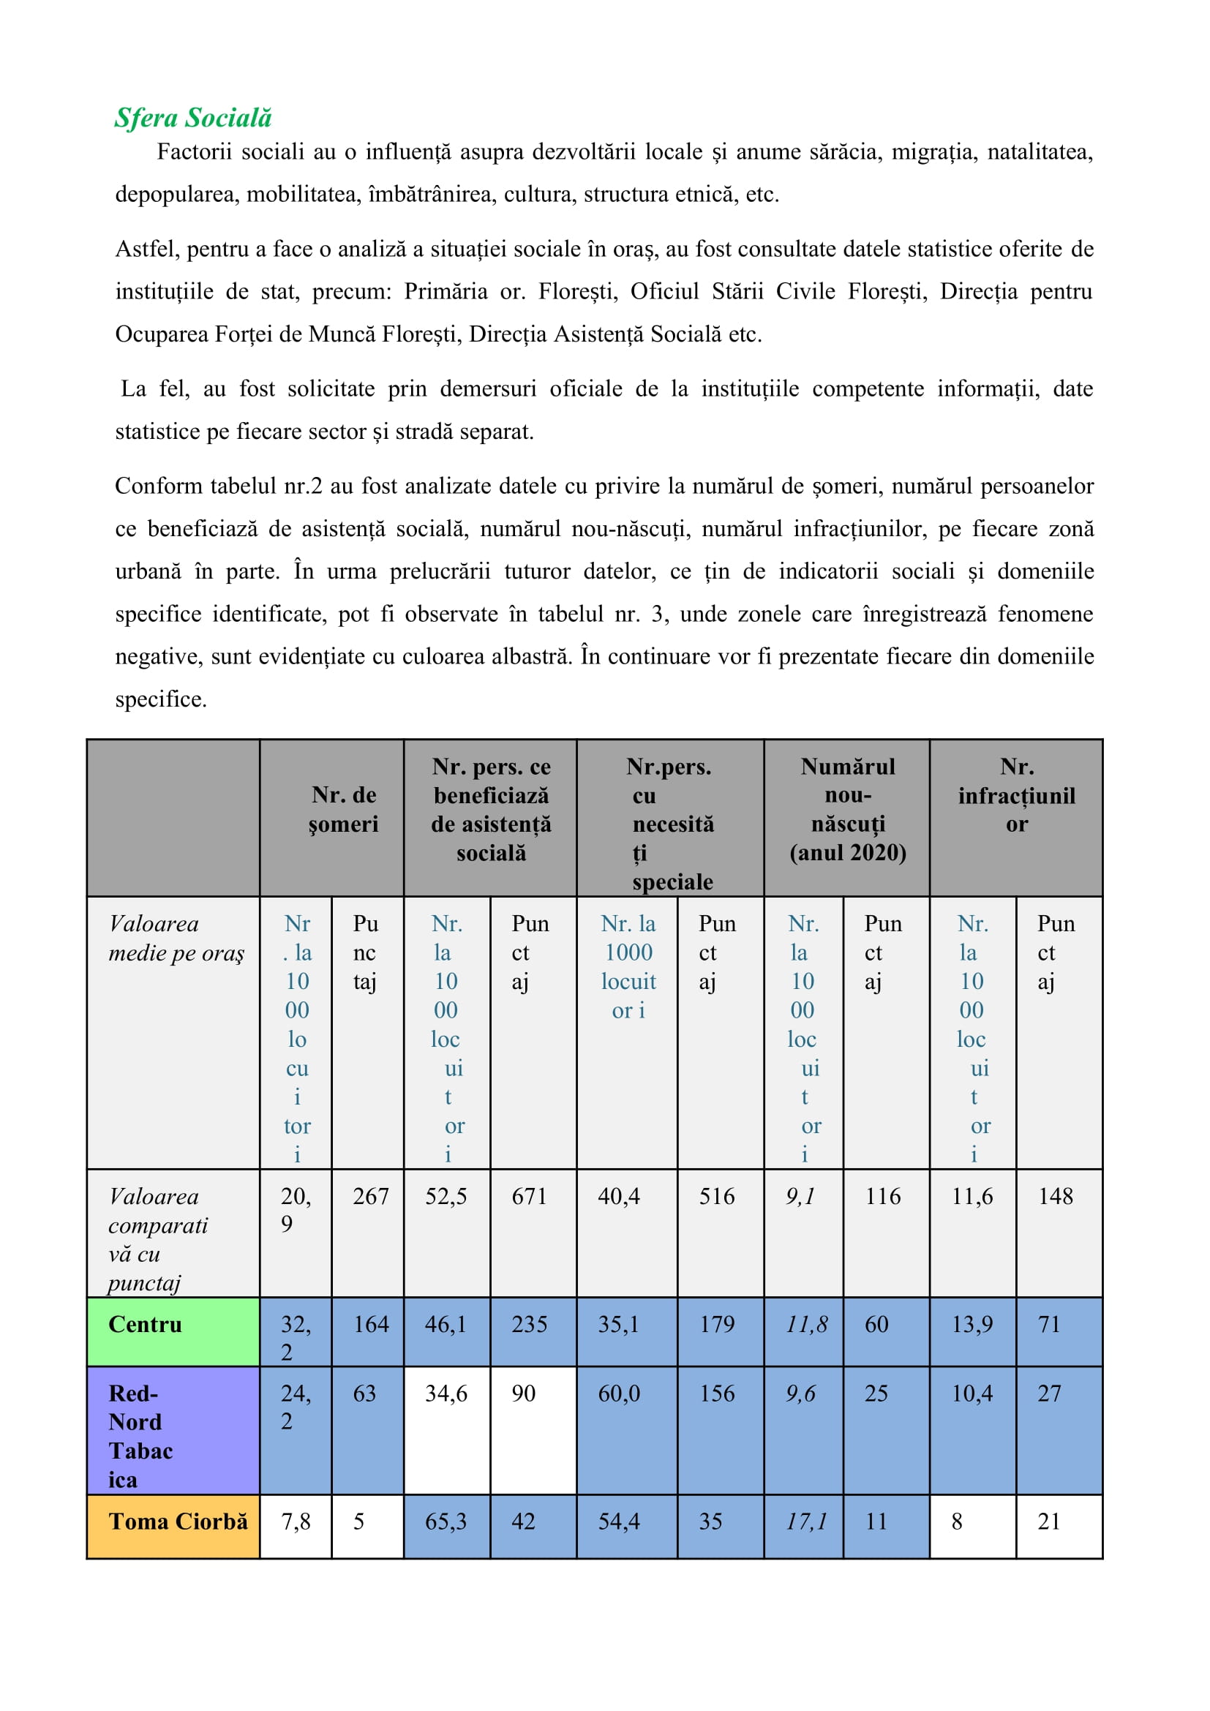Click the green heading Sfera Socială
pyautogui.click(x=193, y=118)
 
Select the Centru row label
pyautogui.click(x=146, y=1324)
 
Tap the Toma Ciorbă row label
pyautogui.click(x=178, y=1521)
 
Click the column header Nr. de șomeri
pyautogui.click(x=344, y=809)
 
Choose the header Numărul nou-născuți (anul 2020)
pyautogui.click(x=847, y=809)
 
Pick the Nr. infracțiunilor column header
pyautogui.click(x=1016, y=795)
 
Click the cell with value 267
pyautogui.click(x=370, y=1196)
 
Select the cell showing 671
pyautogui.click(x=529, y=1196)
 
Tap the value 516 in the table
pyautogui.click(x=716, y=1196)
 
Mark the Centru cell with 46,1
pyautogui.click(x=446, y=1324)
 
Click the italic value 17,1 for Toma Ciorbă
pyautogui.click(x=806, y=1521)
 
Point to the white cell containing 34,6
pyautogui.click(x=446, y=1393)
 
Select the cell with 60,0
pyautogui.click(x=618, y=1393)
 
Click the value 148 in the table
pyautogui.click(x=1055, y=1196)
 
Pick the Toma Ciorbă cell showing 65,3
pyautogui.click(x=446, y=1521)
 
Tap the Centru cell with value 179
pyautogui.click(x=716, y=1324)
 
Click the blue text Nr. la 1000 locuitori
pyautogui.click(x=628, y=966)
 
